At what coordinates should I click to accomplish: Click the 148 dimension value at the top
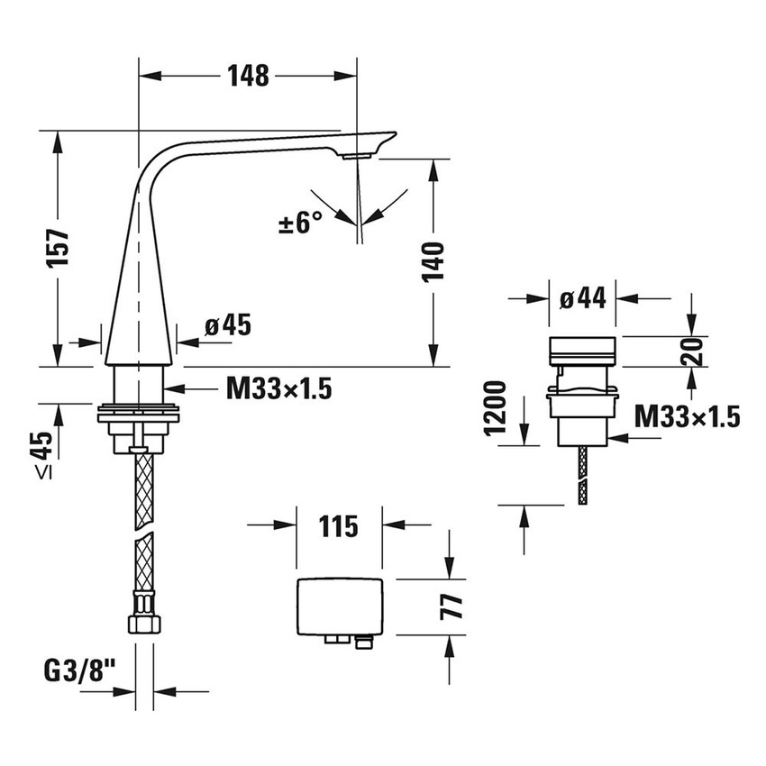click(248, 77)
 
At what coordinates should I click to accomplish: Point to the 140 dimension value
click(434, 261)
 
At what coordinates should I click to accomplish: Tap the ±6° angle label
click(301, 222)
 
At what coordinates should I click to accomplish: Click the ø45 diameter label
click(226, 325)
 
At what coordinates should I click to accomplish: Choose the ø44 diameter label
click(582, 299)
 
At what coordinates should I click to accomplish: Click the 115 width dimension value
click(339, 525)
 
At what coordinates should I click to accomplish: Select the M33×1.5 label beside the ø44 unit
click(687, 415)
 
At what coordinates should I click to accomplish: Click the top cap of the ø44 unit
click(582, 348)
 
